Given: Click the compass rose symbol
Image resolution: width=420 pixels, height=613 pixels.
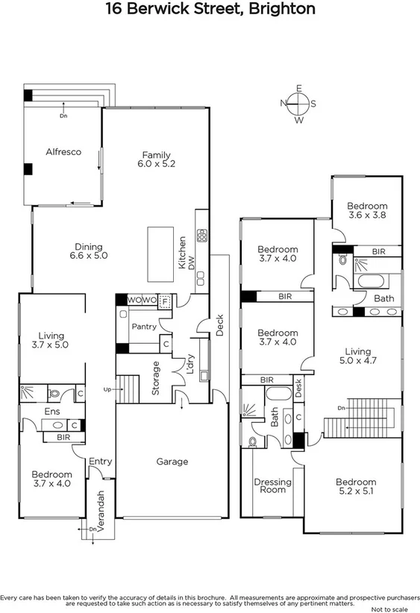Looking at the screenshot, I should [x=298, y=104].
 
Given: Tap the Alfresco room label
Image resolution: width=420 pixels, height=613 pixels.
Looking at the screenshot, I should [x=63, y=151].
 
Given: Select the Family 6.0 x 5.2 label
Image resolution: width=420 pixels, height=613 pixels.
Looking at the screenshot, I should [x=158, y=160].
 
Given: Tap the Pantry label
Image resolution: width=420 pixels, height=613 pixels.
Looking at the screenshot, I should [x=143, y=327].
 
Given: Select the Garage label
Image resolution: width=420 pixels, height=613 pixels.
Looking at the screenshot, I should [x=172, y=462].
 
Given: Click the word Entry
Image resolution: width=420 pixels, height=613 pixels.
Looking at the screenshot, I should [x=100, y=462].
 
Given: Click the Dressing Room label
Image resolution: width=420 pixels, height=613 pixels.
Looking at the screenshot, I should [x=272, y=485].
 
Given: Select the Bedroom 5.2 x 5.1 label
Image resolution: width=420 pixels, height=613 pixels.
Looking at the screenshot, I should [x=355, y=486].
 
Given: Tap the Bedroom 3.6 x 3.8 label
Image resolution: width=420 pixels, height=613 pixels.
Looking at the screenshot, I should [x=366, y=210].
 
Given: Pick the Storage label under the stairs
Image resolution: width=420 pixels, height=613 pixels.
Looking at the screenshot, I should [x=156, y=377].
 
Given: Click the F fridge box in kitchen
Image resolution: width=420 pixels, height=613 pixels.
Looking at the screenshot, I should [x=165, y=301].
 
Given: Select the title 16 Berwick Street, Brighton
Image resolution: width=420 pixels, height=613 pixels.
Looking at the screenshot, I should [x=210, y=10].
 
